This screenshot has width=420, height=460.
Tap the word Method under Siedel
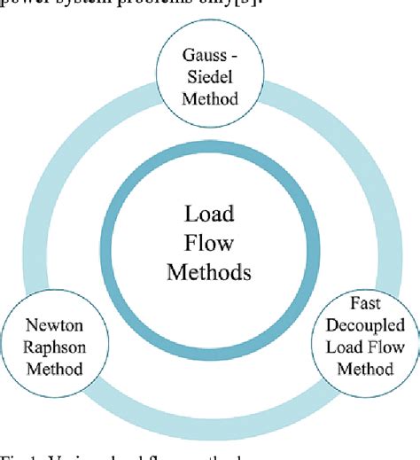pyautogui.click(x=210, y=97)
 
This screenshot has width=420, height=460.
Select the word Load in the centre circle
pyautogui.click(x=209, y=214)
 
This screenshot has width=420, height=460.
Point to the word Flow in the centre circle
pyautogui.click(x=209, y=242)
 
